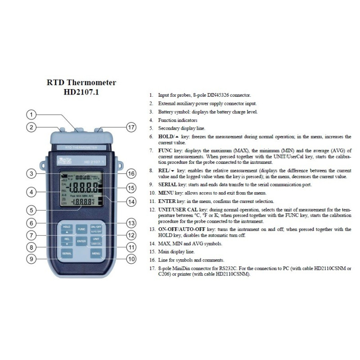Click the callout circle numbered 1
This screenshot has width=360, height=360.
click(32, 114)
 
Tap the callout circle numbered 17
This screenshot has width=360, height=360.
click(130, 127)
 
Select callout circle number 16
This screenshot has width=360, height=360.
click(130, 173)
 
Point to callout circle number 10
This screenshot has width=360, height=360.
click(130, 259)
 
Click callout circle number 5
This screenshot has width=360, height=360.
click(32, 209)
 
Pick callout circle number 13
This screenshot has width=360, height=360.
click(130, 223)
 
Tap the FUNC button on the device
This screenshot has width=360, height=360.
click(81, 229)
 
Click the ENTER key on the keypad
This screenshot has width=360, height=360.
click(81, 242)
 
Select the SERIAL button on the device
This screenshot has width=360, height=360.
click(67, 254)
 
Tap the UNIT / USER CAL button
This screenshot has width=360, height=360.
click(96, 240)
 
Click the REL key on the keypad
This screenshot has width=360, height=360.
click(67, 240)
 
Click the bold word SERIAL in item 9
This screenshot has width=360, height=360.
click(167, 185)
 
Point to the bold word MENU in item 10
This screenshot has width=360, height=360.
click(166, 193)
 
